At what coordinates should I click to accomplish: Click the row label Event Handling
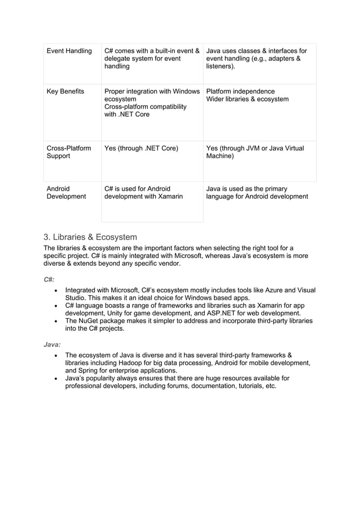coord(69,51)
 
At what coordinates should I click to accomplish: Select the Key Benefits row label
coord(65,91)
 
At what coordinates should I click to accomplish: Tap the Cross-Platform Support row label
coord(68,152)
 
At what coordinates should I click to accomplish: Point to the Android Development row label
coord(65,193)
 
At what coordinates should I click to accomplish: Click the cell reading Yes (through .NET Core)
coord(141,148)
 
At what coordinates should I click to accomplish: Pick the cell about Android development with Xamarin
coord(143,193)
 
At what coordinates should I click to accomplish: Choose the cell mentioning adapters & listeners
coord(256,59)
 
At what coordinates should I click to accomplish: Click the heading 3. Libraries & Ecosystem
coord(90,237)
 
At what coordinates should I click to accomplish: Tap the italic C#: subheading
coord(49,279)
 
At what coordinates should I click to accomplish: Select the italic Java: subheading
coord(52,344)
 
